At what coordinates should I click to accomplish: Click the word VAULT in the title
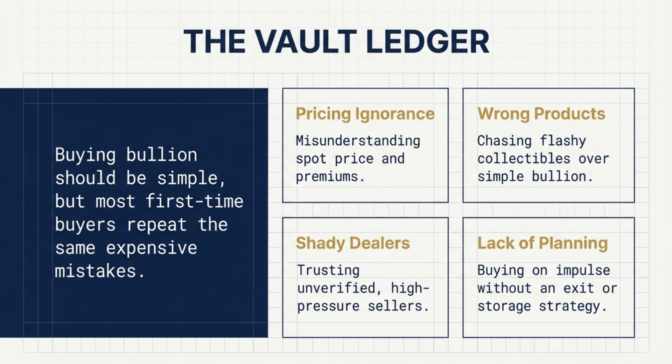[x=306, y=42]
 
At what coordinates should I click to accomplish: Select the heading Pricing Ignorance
[x=365, y=114]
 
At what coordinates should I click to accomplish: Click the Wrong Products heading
[x=541, y=114]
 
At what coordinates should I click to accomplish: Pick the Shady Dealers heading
[x=352, y=243]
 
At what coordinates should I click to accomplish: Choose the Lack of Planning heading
[x=542, y=243]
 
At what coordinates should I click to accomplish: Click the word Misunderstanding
[x=358, y=141]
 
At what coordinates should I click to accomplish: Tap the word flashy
[x=562, y=141]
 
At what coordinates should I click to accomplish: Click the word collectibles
[x=524, y=159]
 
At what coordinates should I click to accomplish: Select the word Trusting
[x=328, y=270]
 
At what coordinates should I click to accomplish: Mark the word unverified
[x=336, y=288]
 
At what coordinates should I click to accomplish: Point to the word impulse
[x=583, y=270]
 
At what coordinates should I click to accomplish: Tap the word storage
[x=504, y=306]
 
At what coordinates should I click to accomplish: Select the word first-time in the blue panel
[x=194, y=201]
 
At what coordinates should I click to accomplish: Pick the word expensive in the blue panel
[x=151, y=248]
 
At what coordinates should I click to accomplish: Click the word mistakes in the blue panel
[x=95, y=271]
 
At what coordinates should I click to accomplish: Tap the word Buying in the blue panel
[x=85, y=155]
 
